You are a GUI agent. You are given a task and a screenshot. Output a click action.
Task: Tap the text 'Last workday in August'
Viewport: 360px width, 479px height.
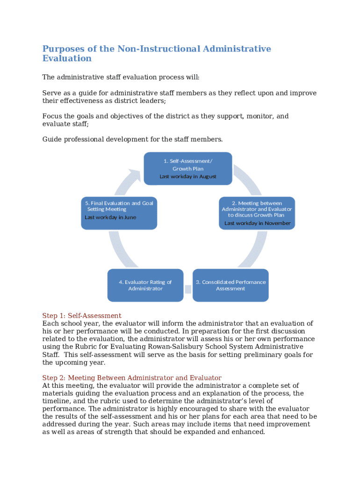tap(188, 176)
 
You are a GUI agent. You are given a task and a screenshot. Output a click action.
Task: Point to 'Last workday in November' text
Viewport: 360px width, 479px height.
tap(257, 223)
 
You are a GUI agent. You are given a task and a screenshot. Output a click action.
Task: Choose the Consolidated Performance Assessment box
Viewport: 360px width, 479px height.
tap(230, 285)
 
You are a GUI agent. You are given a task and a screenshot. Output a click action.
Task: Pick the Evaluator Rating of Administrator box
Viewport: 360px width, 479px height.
tap(145, 285)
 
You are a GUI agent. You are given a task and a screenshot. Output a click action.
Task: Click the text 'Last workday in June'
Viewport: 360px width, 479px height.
tap(110, 218)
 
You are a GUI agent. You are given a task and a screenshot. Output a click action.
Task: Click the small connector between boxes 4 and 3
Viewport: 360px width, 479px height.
tap(188, 289)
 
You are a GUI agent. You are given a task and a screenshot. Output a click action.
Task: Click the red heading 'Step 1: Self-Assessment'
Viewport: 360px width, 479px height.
tap(82, 316)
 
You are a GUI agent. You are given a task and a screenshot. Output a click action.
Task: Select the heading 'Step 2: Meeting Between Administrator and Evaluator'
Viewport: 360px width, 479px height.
tap(132, 377)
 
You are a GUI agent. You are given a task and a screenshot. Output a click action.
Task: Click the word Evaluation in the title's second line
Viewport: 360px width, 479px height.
tap(67, 58)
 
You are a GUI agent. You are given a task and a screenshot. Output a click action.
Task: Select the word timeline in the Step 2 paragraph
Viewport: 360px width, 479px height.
tap(57, 401)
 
